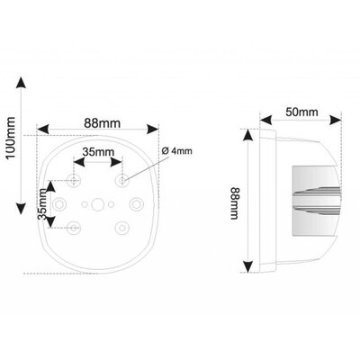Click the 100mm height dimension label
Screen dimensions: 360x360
tap(11, 138)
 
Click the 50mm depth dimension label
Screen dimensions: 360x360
tap(301, 112)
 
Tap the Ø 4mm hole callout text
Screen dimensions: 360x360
tap(176, 151)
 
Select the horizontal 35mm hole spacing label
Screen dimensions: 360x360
tap(99, 152)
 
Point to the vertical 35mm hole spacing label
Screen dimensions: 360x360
tap(43, 203)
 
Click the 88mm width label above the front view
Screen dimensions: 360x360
tap(102, 123)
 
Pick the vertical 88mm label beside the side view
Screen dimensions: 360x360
tap(234, 203)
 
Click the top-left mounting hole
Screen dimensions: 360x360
tap(73, 181)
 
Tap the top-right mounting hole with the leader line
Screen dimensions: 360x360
tap(122, 181)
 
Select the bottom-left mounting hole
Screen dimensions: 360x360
tap(73, 228)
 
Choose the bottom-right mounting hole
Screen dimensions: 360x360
tap(122, 228)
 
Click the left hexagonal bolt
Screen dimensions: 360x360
tap(59, 204)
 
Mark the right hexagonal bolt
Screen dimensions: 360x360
tap(136, 204)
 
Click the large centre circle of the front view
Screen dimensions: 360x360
tap(97, 204)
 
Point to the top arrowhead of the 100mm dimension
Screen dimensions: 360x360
tap(21, 83)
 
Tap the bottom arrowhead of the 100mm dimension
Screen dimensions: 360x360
tap(21, 208)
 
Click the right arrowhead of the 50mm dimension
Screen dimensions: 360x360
tap(336, 121)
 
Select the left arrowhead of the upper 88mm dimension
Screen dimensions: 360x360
tap(42, 130)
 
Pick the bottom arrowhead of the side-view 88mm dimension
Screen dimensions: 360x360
tap(247, 266)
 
